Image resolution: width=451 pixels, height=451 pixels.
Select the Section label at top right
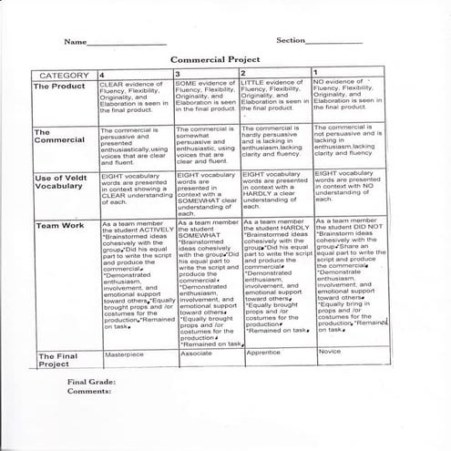click(291, 40)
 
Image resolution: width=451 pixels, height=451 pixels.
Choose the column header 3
click(178, 72)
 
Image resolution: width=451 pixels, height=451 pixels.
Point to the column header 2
click(243, 72)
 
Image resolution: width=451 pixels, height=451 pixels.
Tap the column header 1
click(315, 71)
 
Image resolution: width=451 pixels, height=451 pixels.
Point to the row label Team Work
click(60, 224)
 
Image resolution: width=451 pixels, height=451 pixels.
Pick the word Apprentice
click(262, 352)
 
